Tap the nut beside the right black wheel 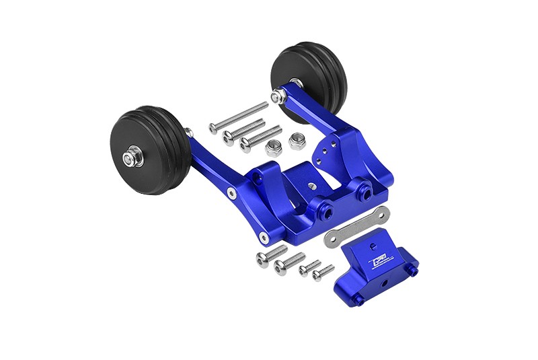[x=276, y=98]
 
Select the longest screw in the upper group [x=238, y=117]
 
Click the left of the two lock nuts [x=273, y=148]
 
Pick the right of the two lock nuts [x=297, y=141]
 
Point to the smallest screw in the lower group [x=323, y=273]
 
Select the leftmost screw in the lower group [x=271, y=255]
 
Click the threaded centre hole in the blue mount [x=311, y=184]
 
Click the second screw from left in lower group [x=289, y=263]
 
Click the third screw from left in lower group [x=310, y=268]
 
